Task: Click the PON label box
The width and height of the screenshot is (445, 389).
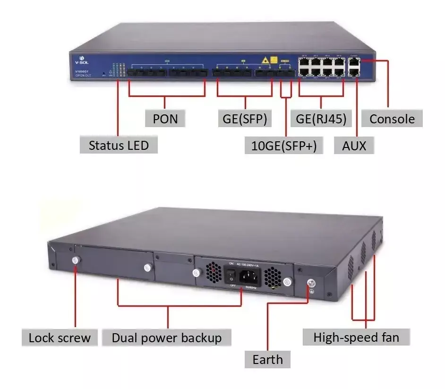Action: click(165, 119)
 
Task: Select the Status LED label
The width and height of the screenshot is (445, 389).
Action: click(118, 145)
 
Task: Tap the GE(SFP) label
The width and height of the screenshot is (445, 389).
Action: click(245, 119)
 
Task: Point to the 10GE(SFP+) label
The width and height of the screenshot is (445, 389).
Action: click(284, 146)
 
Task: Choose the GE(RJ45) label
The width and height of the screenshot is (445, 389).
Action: click(321, 119)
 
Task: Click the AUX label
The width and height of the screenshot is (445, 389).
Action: click(354, 145)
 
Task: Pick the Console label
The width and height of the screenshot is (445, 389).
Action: click(392, 119)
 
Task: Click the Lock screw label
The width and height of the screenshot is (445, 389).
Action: click(59, 337)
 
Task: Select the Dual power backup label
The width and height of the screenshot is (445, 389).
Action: click(167, 337)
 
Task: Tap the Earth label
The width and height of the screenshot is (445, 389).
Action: click(267, 359)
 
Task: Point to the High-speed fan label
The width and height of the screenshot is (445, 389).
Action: click(356, 337)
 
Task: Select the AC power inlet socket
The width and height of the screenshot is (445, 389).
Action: click(250, 277)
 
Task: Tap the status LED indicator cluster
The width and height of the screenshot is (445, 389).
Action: click(118, 69)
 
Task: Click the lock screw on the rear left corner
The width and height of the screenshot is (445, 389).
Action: click(75, 260)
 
